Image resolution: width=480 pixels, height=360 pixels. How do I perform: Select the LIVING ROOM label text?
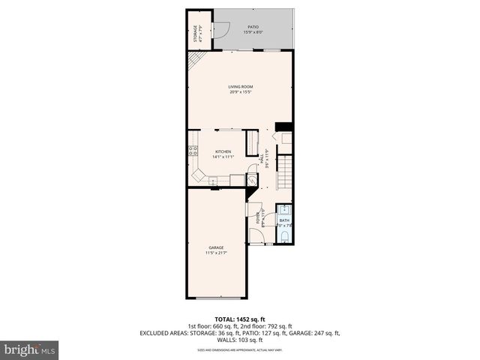241,87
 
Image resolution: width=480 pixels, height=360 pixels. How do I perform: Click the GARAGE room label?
215,247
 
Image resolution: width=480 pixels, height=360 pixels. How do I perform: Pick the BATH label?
284,220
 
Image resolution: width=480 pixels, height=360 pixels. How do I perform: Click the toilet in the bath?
285,237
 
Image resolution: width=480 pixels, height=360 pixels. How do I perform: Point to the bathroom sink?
284,210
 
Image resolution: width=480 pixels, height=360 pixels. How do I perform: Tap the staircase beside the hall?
285,172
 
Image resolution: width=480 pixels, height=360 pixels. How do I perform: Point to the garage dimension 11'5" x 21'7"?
215,253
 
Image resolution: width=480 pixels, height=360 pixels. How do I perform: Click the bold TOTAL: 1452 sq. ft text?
239,320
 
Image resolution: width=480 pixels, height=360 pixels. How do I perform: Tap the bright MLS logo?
29,349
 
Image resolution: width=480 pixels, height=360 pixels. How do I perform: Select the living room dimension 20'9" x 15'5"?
241,92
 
